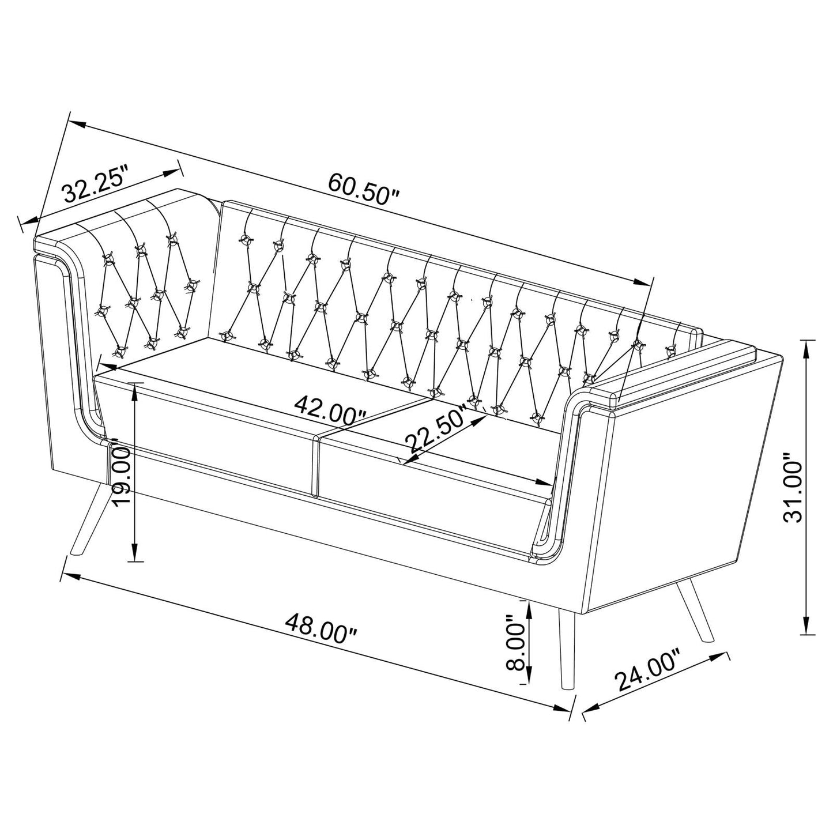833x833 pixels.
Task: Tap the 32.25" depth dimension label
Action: coord(95,184)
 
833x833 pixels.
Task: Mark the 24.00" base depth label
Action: coord(649,670)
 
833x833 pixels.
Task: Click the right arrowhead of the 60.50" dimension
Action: coord(642,282)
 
